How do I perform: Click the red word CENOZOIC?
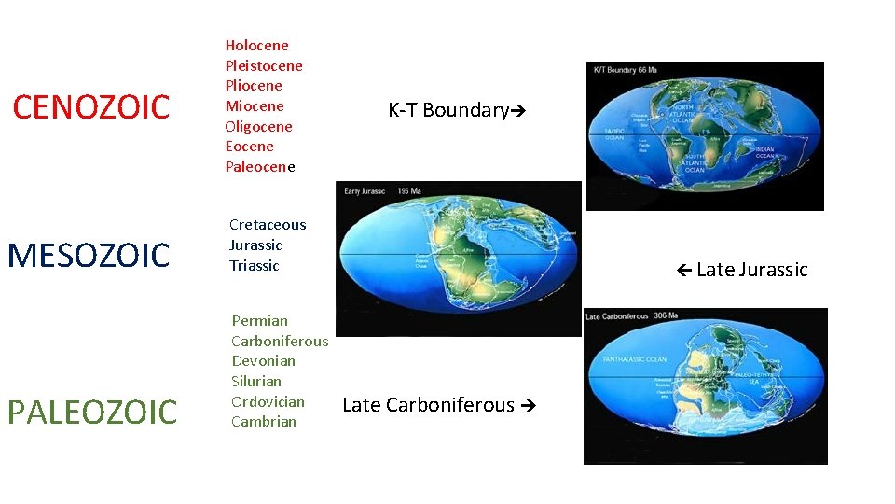[91, 107]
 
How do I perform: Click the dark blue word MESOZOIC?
[89, 255]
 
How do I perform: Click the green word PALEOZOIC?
[92, 412]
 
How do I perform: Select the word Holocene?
[256, 45]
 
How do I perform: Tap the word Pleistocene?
[264, 65]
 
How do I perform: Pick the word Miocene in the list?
[255, 105]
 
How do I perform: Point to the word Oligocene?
[258, 126]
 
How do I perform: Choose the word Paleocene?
[259, 167]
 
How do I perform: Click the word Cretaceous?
[268, 224]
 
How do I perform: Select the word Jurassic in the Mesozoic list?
[255, 245]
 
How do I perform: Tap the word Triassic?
[254, 265]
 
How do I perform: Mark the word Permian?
[260, 320]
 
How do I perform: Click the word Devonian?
[263, 360]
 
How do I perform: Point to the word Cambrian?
[264, 421]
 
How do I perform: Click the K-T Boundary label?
[448, 110]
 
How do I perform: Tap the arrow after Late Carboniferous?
[529, 405]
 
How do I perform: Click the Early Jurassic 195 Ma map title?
[382, 190]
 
